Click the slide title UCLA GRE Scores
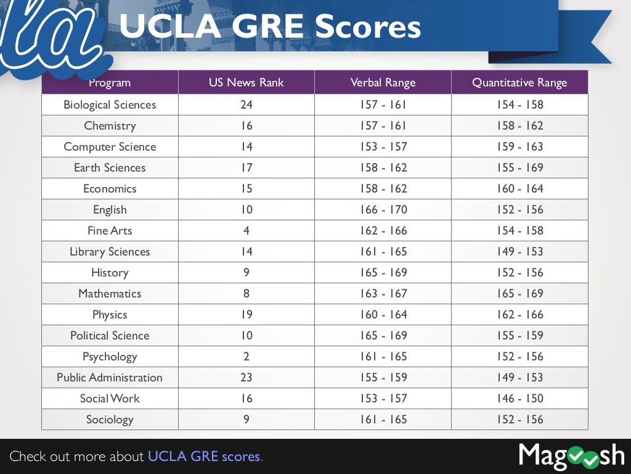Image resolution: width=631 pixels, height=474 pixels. point(269,27)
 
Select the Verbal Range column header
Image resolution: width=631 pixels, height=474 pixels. point(383,83)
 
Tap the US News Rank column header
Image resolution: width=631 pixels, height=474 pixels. point(246,83)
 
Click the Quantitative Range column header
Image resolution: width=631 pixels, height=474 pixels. point(519,83)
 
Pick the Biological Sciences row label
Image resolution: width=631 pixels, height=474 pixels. point(110,105)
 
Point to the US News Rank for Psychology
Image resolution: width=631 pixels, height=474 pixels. point(246,357)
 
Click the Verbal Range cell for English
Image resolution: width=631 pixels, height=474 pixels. point(383,210)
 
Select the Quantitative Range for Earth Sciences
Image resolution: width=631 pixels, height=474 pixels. point(520,168)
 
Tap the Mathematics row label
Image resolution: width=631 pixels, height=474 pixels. point(110,294)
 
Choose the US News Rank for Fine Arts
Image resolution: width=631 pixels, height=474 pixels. point(246,231)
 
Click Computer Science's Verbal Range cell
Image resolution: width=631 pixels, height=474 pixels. point(383,147)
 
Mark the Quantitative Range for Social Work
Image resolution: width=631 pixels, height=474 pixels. point(520,399)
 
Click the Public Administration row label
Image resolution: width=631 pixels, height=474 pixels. point(110,378)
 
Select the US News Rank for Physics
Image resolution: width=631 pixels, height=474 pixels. point(246,315)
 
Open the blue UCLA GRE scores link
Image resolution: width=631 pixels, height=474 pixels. point(205,457)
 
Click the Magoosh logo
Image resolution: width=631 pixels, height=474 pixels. point(571,456)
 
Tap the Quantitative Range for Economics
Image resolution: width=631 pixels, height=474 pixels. point(520,189)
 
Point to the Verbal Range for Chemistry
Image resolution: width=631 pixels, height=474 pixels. point(383,126)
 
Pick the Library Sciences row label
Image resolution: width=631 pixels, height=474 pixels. point(110,252)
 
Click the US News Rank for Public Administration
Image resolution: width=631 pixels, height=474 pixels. point(246,378)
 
